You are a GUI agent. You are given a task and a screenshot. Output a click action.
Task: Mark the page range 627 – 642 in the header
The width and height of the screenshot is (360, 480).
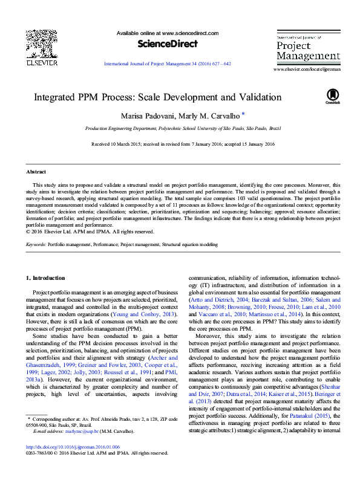click(219, 63)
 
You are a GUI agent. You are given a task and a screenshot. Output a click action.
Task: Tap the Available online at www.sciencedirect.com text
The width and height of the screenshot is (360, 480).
click(167, 33)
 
